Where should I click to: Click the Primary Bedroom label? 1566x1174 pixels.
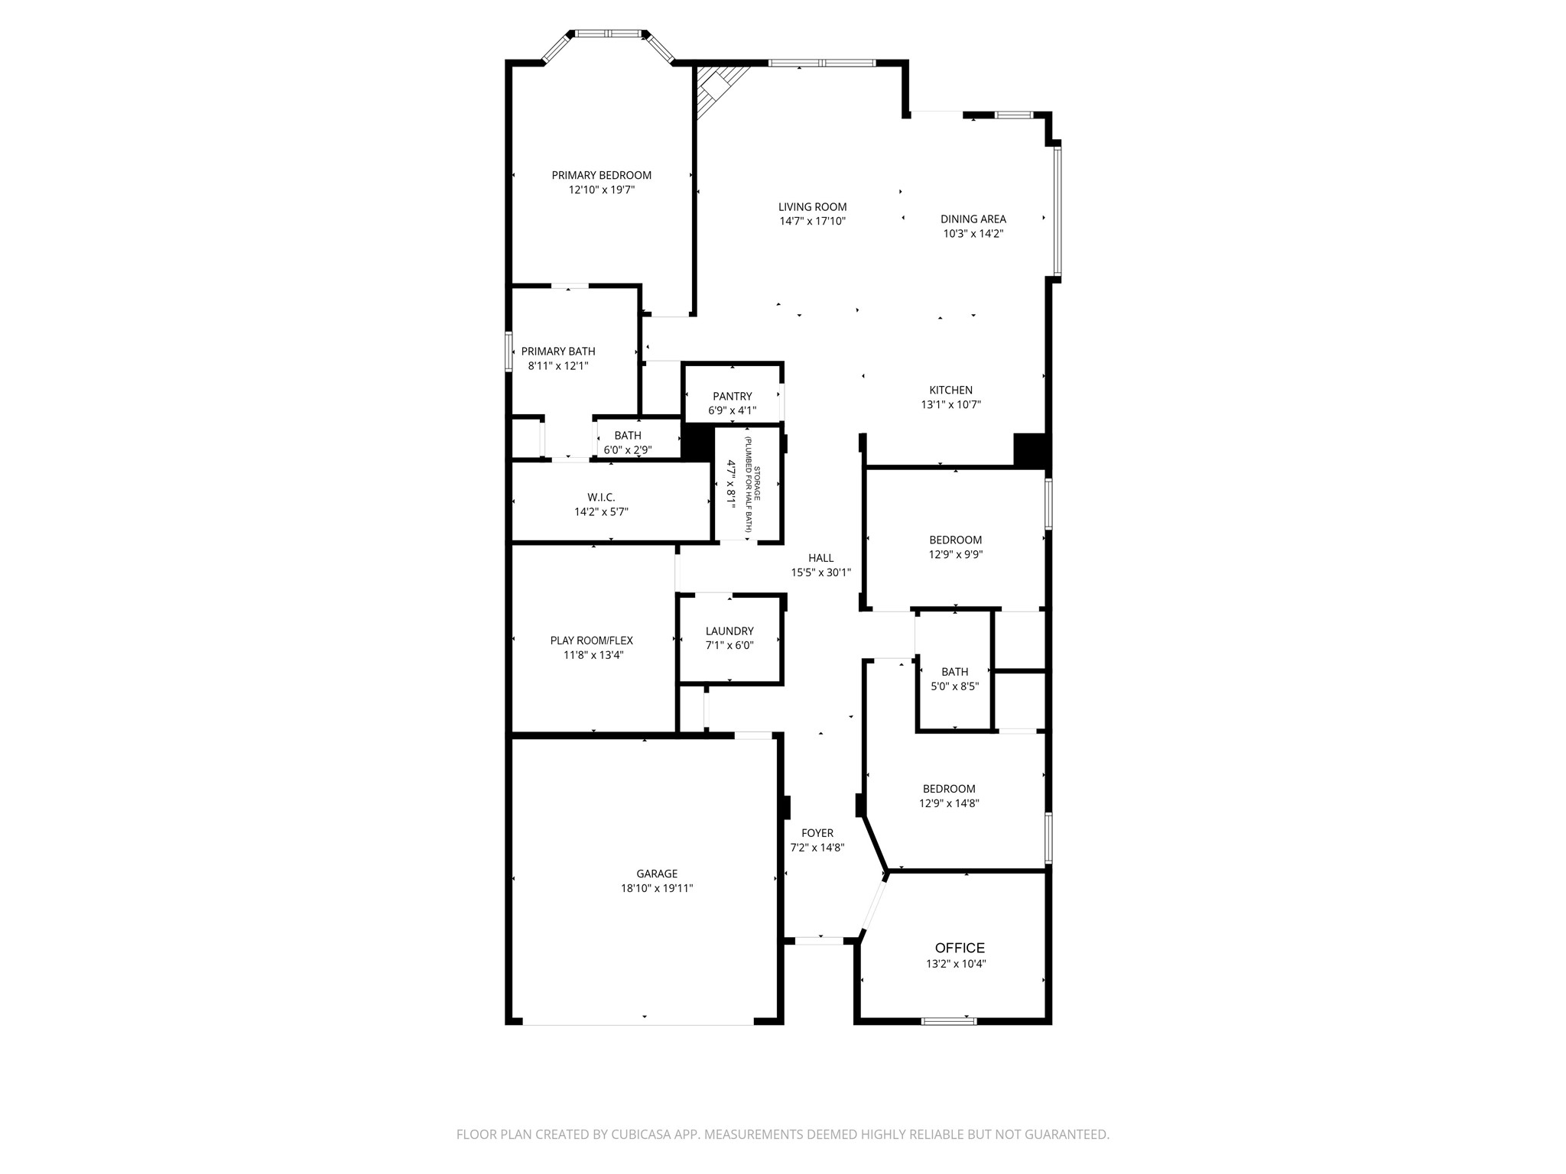pyautogui.click(x=601, y=175)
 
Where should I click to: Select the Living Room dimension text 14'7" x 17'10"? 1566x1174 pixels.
pyautogui.click(x=812, y=222)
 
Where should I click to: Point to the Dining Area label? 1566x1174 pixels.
pyautogui.click(x=973, y=219)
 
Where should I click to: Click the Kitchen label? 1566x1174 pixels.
pyautogui.click(x=950, y=390)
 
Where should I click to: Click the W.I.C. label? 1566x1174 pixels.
pyautogui.click(x=601, y=498)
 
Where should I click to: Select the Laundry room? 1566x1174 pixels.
pyautogui.click(x=729, y=637)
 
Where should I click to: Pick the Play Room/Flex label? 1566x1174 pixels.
pyautogui.click(x=591, y=641)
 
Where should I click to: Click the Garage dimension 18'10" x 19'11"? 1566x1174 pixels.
pyautogui.click(x=657, y=888)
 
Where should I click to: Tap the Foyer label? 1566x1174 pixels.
pyautogui.click(x=817, y=833)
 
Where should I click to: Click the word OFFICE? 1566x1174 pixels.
pyautogui.click(x=960, y=948)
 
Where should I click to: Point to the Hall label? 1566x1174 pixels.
pyautogui.click(x=820, y=558)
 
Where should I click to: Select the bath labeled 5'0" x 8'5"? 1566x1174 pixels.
pyautogui.click(x=954, y=679)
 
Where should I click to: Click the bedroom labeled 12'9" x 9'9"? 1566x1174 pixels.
pyautogui.click(x=955, y=547)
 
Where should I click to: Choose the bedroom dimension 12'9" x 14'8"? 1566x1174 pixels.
pyautogui.click(x=949, y=803)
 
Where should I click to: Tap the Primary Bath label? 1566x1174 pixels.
pyautogui.click(x=558, y=352)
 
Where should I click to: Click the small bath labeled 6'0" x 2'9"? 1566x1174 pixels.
pyautogui.click(x=628, y=443)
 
